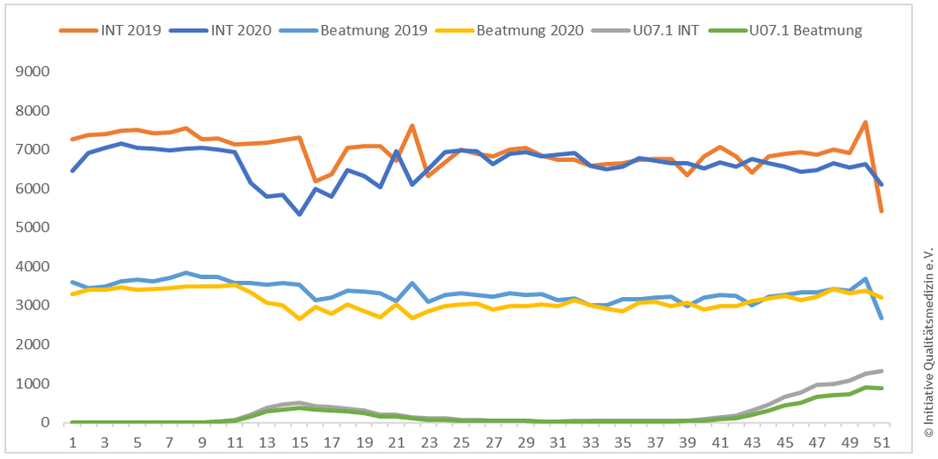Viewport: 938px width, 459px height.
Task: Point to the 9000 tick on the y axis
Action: pos(31,72)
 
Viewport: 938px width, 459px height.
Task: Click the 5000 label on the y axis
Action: pos(31,227)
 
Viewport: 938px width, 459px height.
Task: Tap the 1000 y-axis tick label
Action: pos(31,384)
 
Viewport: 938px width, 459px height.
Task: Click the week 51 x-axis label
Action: pos(882,442)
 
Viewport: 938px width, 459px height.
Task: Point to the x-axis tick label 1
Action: pos(72,442)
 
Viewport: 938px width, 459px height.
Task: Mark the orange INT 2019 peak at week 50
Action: pos(866,123)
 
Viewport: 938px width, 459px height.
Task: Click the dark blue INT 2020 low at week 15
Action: pos(299,214)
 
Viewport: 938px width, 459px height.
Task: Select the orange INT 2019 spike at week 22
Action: pos(412,125)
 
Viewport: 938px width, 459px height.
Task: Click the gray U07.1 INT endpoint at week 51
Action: pos(882,370)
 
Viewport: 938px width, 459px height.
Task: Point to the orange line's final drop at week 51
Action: pos(882,211)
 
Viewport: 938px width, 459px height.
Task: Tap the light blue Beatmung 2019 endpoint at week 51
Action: pos(882,318)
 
